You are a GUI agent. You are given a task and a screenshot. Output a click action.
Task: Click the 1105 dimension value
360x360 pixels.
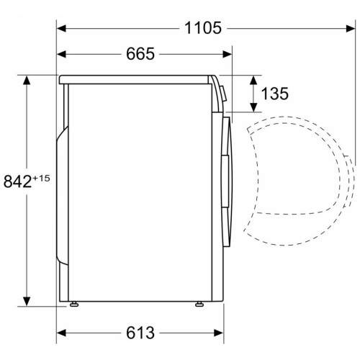click(x=203, y=28)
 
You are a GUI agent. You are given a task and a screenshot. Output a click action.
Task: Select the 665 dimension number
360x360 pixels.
click(x=140, y=54)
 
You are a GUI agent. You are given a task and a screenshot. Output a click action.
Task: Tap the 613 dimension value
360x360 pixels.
click(x=140, y=333)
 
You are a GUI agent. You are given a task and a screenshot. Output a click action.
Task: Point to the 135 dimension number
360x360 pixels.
click(x=274, y=94)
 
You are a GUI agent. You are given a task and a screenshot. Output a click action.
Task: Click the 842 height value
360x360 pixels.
click(x=18, y=181)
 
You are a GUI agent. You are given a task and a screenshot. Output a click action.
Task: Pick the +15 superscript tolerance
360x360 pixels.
click(x=41, y=179)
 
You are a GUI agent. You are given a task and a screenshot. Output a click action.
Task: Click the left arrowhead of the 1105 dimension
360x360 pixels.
click(x=61, y=28)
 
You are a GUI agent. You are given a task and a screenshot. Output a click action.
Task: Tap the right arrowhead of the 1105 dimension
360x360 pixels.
click(x=351, y=28)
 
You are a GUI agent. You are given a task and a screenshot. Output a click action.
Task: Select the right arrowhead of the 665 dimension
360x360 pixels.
click(x=228, y=54)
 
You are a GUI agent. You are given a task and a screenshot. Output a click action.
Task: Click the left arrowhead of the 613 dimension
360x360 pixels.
click(x=61, y=333)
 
